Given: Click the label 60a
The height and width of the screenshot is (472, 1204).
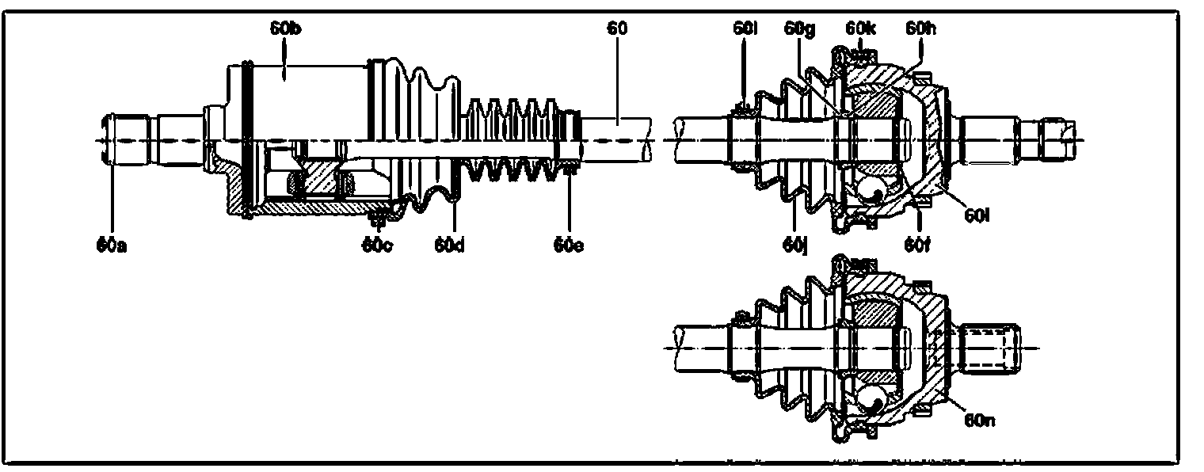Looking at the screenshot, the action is tap(112, 245).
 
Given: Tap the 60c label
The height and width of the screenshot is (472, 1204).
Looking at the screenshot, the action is tap(378, 245).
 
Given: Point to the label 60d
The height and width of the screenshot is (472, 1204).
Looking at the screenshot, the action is tap(448, 245).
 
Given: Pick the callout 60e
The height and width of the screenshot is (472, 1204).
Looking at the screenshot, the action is tap(569, 245).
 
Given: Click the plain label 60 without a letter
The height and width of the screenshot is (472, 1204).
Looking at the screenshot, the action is tap(617, 29).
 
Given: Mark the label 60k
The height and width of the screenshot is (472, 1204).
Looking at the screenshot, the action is tap(859, 29).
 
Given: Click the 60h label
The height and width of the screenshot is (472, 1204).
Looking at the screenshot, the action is tap(920, 29).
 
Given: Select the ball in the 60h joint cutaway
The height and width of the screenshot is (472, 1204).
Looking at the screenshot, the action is tap(871, 188).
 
